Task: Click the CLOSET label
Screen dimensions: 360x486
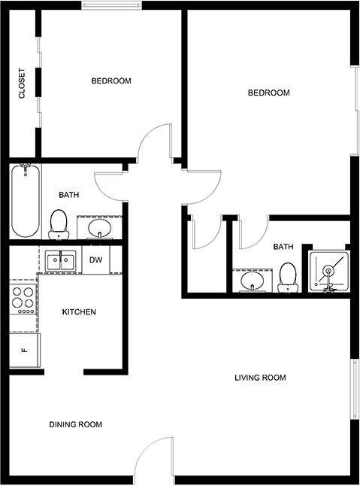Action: pyautogui.click(x=22, y=84)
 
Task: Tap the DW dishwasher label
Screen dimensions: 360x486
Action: pyautogui.click(x=95, y=260)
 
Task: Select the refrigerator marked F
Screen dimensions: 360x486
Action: pyautogui.click(x=25, y=351)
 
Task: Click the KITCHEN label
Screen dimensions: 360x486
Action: pyautogui.click(x=79, y=311)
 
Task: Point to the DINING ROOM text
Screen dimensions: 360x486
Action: pyautogui.click(x=75, y=424)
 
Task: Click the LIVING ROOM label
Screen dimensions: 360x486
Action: pyautogui.click(x=260, y=378)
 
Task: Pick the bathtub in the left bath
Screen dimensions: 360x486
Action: pyautogui.click(x=26, y=201)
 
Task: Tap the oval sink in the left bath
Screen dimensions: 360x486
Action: pyautogui.click(x=99, y=228)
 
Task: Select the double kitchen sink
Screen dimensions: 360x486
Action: pyautogui.click(x=61, y=260)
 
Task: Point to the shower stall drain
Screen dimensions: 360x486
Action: pyautogui.click(x=328, y=271)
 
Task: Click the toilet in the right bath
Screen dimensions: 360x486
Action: pyautogui.click(x=288, y=278)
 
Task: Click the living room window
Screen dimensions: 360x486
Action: pyautogui.click(x=355, y=389)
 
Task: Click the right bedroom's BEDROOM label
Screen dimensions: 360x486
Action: pyautogui.click(x=268, y=93)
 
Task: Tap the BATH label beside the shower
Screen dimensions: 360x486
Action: pyautogui.click(x=283, y=247)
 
